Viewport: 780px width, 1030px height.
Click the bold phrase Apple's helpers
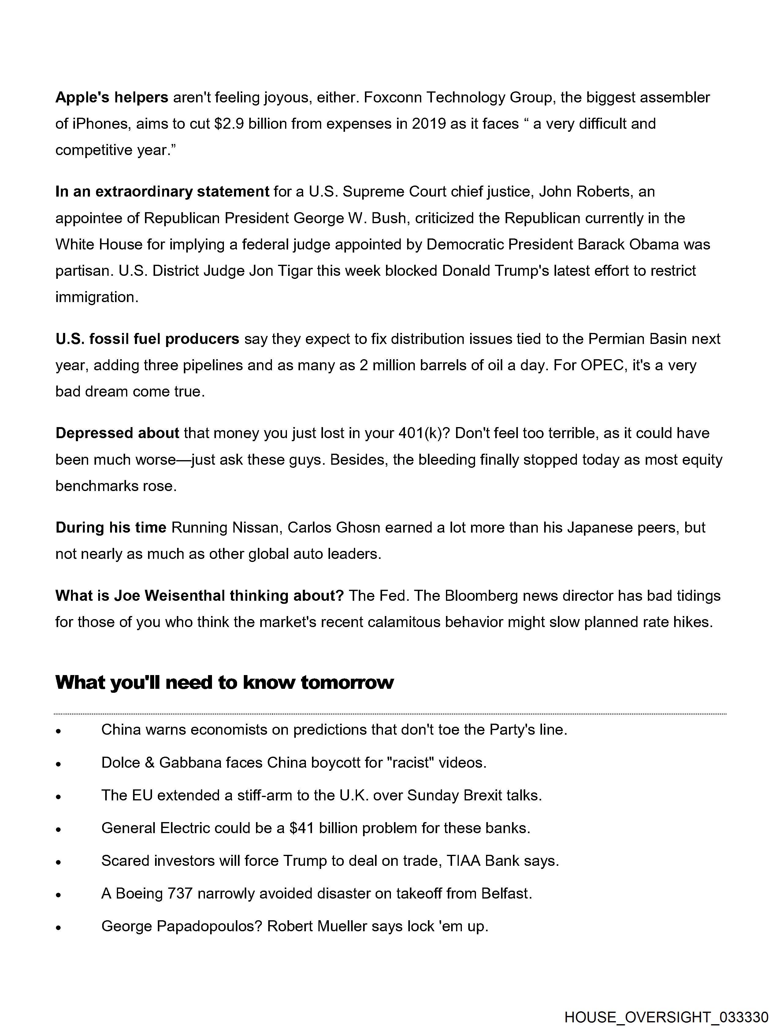point(112,98)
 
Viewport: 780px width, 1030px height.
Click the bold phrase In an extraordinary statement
point(162,192)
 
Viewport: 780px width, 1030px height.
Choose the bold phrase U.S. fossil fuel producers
point(147,339)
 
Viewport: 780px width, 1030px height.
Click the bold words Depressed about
point(117,434)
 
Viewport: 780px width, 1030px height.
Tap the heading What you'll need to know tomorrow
point(225,683)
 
